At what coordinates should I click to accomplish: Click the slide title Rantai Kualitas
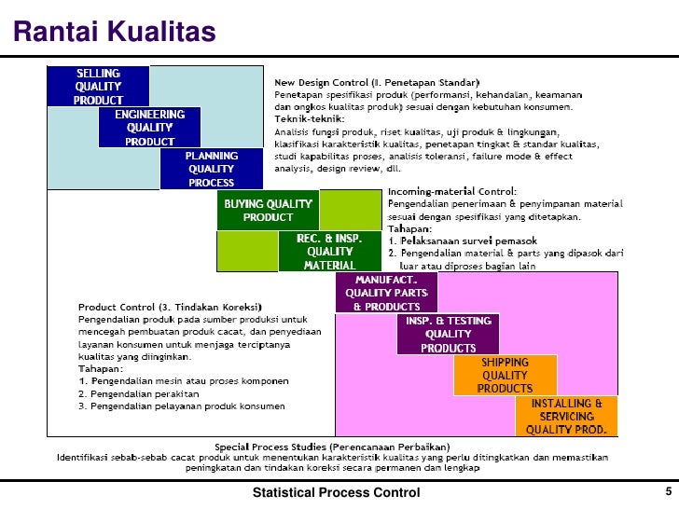click(114, 33)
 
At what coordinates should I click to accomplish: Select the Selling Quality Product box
click(98, 86)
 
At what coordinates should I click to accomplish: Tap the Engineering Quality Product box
click(150, 128)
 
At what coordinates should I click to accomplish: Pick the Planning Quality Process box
click(211, 169)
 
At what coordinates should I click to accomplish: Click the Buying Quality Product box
click(269, 210)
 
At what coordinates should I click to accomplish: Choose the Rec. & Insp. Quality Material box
click(329, 252)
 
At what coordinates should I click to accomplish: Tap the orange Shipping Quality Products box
click(505, 375)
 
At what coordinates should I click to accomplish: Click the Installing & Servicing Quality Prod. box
click(566, 417)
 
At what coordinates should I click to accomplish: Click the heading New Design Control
click(377, 82)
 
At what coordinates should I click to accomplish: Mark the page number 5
click(668, 491)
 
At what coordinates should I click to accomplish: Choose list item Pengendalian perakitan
click(140, 393)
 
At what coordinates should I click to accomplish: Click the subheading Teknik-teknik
click(308, 118)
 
